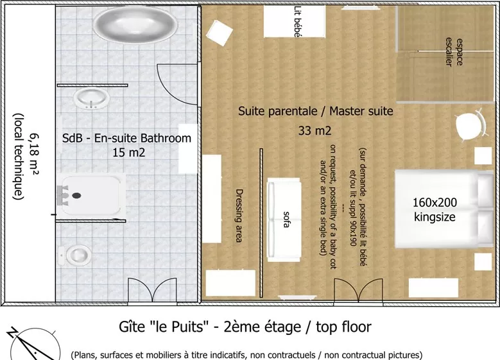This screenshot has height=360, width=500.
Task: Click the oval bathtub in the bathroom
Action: pos(135,24)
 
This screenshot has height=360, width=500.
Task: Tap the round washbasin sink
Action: pos(92,98)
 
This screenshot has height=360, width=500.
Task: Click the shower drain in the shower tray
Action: pos(76,196)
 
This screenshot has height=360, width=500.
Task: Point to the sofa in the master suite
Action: pos(284,219)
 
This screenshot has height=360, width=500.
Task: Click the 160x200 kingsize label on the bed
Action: pos(435,209)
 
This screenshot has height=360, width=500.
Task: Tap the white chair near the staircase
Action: pos(471,124)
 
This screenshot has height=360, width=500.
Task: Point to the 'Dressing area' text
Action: pos(239,216)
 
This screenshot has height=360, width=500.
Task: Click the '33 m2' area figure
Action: pos(315,130)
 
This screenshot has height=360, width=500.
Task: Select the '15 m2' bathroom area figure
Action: pos(129,153)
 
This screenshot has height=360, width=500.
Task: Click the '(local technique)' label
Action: pos(19,157)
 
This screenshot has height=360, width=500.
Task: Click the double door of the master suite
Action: pos(358,291)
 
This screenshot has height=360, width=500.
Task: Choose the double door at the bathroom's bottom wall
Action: pos(152,290)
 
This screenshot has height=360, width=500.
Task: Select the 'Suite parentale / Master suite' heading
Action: pos(316,111)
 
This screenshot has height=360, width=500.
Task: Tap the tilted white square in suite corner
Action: pos(220,33)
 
